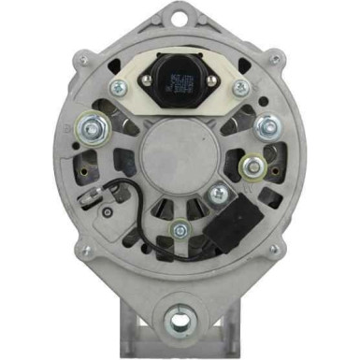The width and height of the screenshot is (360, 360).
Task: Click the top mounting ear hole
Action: coord(180,16)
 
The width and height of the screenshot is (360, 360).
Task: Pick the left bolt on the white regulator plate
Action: coord(119,88)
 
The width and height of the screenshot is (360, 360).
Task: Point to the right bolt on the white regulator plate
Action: coord(241,88)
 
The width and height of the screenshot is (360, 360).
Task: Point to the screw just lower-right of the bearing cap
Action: coord(219,194)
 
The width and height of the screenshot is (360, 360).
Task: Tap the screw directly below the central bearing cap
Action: coord(180,227)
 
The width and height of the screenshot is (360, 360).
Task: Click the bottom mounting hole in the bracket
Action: coord(180,323)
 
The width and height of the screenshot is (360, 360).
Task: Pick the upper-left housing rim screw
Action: coord(85,60)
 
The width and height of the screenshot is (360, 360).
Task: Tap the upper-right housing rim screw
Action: coord(274,60)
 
